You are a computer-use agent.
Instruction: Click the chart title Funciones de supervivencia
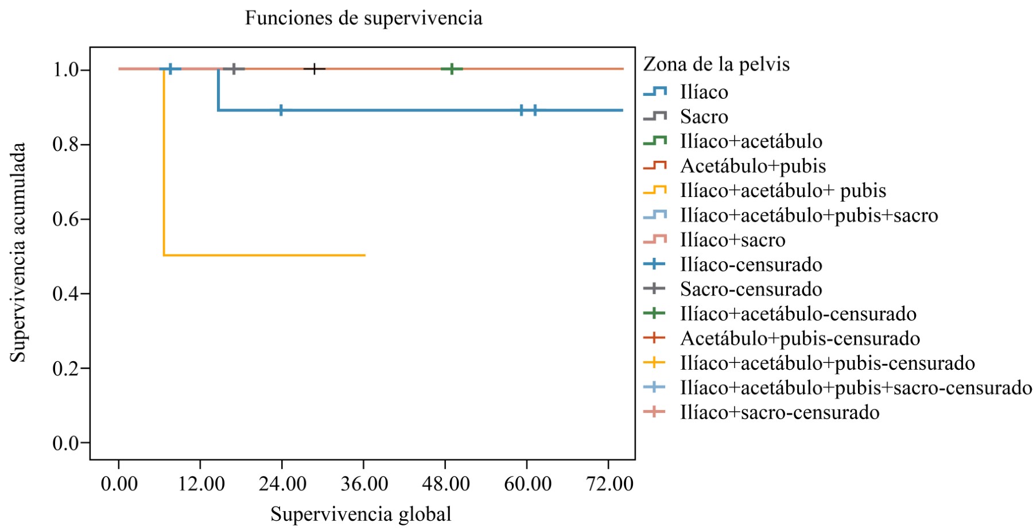(x=363, y=18)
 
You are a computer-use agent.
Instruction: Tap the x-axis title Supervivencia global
(x=360, y=514)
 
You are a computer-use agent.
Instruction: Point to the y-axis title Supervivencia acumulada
(x=18, y=253)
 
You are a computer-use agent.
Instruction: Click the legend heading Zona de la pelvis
(x=716, y=64)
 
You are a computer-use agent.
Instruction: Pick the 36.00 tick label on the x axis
(x=364, y=483)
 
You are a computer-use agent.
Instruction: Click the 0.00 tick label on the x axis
(x=119, y=483)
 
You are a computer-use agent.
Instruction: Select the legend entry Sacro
(x=704, y=117)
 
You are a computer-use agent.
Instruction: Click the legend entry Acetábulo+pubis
(x=752, y=166)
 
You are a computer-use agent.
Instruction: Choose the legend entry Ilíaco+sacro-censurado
(x=779, y=412)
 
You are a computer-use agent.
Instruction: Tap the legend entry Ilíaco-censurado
(x=751, y=265)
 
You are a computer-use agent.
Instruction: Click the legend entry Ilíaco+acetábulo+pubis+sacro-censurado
(x=856, y=388)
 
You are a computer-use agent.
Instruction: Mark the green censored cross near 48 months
(x=452, y=69)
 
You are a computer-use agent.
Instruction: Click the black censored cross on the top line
(x=314, y=69)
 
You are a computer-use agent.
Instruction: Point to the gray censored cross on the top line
(x=234, y=69)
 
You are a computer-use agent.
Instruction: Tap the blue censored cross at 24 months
(x=281, y=110)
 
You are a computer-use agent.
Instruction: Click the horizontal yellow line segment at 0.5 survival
(x=264, y=255)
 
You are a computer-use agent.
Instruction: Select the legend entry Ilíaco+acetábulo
(x=751, y=141)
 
